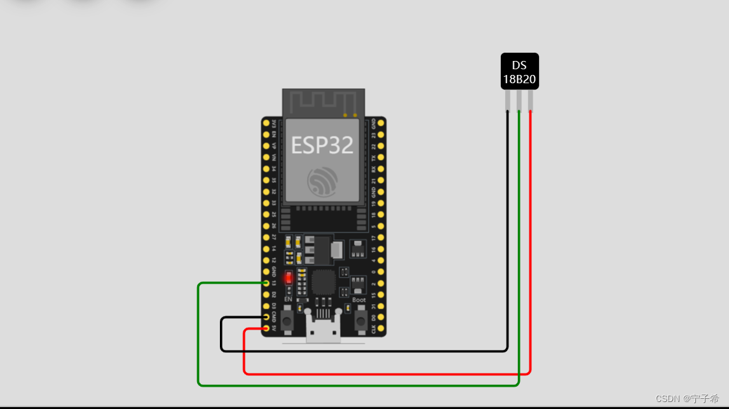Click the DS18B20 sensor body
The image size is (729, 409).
pyautogui.click(x=519, y=71)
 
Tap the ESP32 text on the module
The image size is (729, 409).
pyautogui.click(x=322, y=145)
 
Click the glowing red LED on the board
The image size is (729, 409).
pyautogui.click(x=289, y=278)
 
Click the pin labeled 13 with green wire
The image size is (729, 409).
pyautogui.click(x=266, y=283)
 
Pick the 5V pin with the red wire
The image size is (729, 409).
pyautogui.click(x=266, y=329)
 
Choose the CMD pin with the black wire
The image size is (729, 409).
pyautogui.click(x=266, y=318)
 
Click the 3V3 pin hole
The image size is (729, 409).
pyautogui.click(x=266, y=123)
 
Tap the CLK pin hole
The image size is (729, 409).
pyautogui.click(x=381, y=329)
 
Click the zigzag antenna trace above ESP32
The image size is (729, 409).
pyautogui.click(x=323, y=102)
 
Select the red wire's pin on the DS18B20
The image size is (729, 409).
pyautogui.click(x=531, y=102)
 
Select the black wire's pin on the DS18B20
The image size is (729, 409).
pyautogui.click(x=508, y=102)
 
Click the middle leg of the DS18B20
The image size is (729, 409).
pyautogui.click(x=519, y=102)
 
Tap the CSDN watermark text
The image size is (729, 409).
pyautogui.click(x=687, y=399)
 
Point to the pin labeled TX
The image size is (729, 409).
pyautogui.click(x=381, y=157)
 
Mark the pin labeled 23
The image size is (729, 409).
pyautogui.click(x=381, y=134)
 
